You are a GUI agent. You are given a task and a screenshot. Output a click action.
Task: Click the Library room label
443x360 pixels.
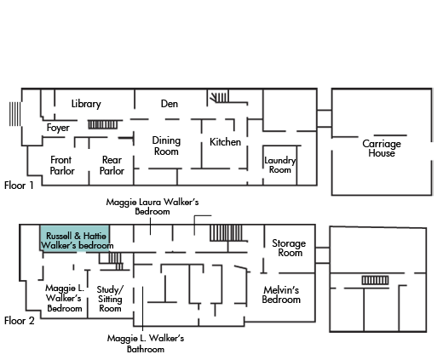coord(86,104)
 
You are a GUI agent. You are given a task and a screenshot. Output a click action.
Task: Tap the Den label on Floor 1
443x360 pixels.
coord(170,104)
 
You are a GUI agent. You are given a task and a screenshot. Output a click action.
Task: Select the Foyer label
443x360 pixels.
coord(58,128)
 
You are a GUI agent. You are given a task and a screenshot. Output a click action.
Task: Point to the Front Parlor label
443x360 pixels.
coord(62,165)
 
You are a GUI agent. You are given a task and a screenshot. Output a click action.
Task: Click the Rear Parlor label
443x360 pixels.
coord(112,165)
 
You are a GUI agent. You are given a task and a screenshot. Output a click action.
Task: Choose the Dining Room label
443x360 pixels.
coord(166,146)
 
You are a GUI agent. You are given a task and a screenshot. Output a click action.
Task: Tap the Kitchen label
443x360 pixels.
coord(225,142)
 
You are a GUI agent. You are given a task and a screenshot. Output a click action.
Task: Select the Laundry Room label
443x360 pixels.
coord(280,165)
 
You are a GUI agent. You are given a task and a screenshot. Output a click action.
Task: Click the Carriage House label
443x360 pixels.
coord(382,148)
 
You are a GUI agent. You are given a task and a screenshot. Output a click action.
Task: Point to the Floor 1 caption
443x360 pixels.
coord(19,186)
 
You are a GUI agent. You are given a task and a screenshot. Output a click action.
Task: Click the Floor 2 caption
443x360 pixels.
coord(19,321)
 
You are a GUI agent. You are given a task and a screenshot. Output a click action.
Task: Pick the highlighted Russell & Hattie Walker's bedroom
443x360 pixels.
coord(75,238)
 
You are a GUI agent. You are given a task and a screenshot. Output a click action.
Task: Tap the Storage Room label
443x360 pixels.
coord(289,248)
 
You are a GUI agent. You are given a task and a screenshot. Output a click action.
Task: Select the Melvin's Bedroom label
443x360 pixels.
coord(281,294)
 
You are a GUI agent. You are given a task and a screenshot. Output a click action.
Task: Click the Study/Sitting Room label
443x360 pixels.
coord(110,299)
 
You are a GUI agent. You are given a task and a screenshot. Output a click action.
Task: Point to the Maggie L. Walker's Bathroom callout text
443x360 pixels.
coord(146,344)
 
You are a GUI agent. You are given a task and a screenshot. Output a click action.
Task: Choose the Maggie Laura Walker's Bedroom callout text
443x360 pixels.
coord(152,207)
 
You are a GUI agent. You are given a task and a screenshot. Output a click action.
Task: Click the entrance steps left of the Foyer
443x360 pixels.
coord(15,114)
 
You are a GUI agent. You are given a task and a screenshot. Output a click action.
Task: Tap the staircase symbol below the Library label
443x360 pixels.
coord(102,124)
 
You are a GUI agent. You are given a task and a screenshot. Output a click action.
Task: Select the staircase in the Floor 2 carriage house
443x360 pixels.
coord(375,280)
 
